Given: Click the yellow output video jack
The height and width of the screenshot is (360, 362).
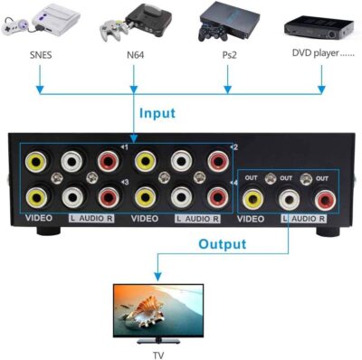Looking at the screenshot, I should [x=254, y=196].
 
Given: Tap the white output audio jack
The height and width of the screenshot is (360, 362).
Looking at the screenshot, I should [x=288, y=196].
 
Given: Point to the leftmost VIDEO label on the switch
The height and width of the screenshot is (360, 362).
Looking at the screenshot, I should [x=39, y=218].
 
